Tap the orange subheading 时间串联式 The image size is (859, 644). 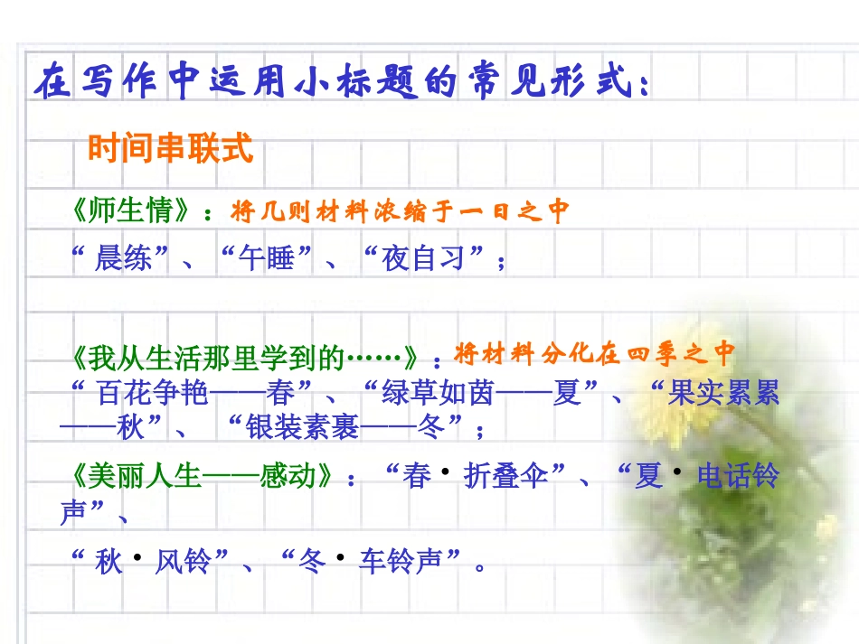click(170, 149)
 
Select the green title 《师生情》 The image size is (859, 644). click(132, 211)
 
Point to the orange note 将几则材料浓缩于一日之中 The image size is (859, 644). click(400, 211)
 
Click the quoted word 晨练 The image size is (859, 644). click(123, 259)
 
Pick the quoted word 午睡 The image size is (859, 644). click(266, 259)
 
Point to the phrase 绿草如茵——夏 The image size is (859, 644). click(482, 394)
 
